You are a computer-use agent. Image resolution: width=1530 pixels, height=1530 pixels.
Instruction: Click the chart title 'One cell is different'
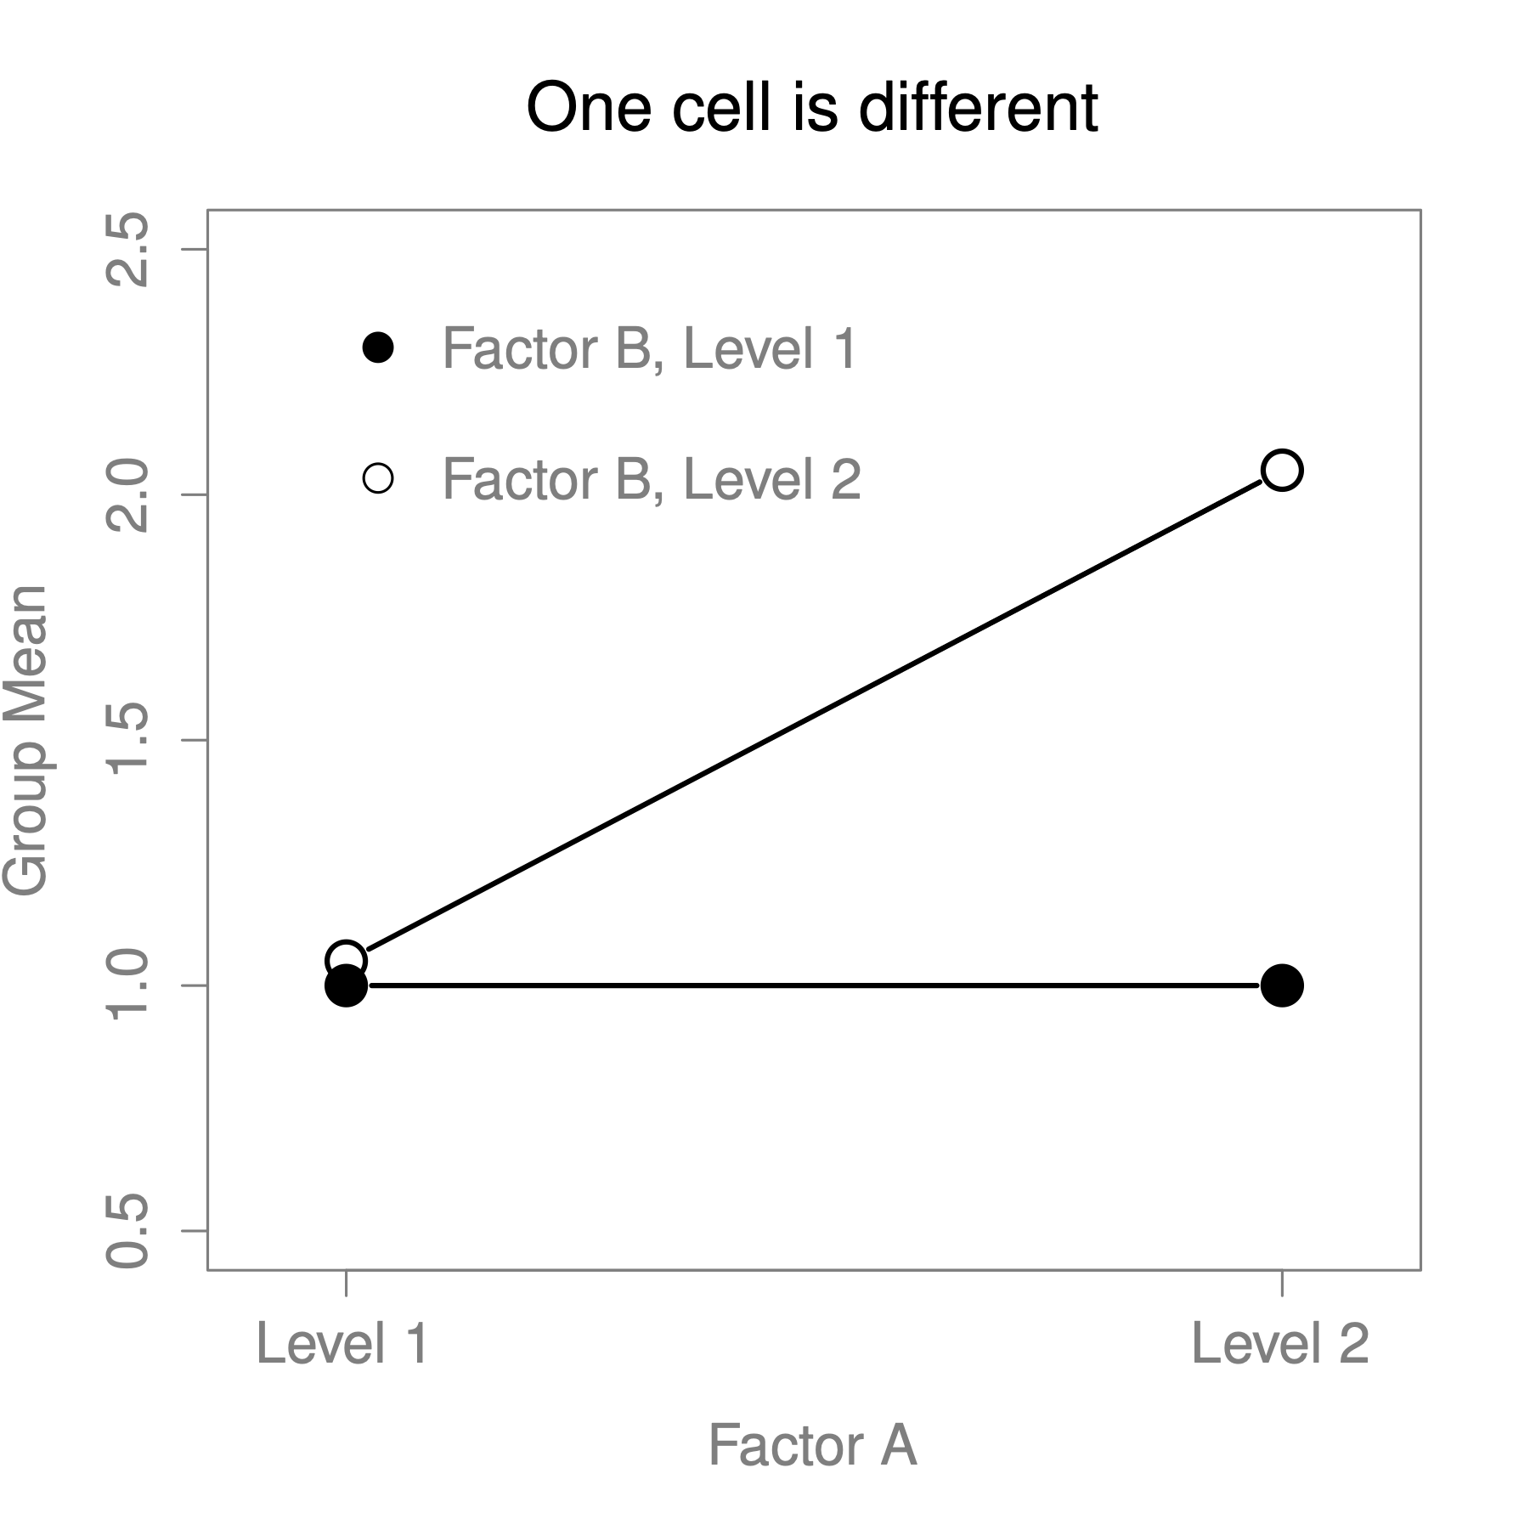tap(811, 109)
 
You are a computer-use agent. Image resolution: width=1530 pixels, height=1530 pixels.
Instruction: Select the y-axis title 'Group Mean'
tap(25, 740)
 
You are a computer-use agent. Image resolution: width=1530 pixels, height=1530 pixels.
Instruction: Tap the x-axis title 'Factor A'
tap(812, 1445)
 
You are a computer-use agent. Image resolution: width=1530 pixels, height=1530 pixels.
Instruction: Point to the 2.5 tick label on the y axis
tap(127, 249)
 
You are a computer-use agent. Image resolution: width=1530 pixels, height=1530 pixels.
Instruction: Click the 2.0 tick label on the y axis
tap(127, 495)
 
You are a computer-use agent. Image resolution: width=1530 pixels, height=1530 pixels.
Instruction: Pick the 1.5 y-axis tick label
tap(127, 740)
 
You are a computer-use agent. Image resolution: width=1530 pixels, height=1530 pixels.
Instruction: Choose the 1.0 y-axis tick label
tap(127, 985)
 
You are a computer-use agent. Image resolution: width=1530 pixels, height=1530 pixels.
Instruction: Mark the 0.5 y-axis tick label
tap(127, 1230)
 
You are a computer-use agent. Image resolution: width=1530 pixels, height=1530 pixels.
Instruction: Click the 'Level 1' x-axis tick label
tap(342, 1344)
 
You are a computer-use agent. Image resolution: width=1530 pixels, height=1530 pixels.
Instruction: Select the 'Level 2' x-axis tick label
tap(1280, 1344)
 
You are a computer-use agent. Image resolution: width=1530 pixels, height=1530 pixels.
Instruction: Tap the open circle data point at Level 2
tap(1282, 470)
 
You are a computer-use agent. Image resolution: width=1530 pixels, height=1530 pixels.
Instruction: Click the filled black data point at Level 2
tap(1282, 985)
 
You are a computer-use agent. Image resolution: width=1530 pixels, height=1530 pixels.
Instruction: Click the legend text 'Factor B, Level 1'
tap(650, 348)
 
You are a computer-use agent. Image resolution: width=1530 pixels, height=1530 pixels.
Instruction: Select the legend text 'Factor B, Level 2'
tap(652, 479)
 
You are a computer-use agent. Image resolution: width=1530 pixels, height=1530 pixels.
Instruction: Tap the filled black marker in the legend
tap(378, 347)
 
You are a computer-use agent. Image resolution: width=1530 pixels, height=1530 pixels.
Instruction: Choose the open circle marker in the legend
tap(378, 478)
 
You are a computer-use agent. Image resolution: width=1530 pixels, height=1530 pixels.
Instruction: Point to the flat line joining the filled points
tap(814, 985)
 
